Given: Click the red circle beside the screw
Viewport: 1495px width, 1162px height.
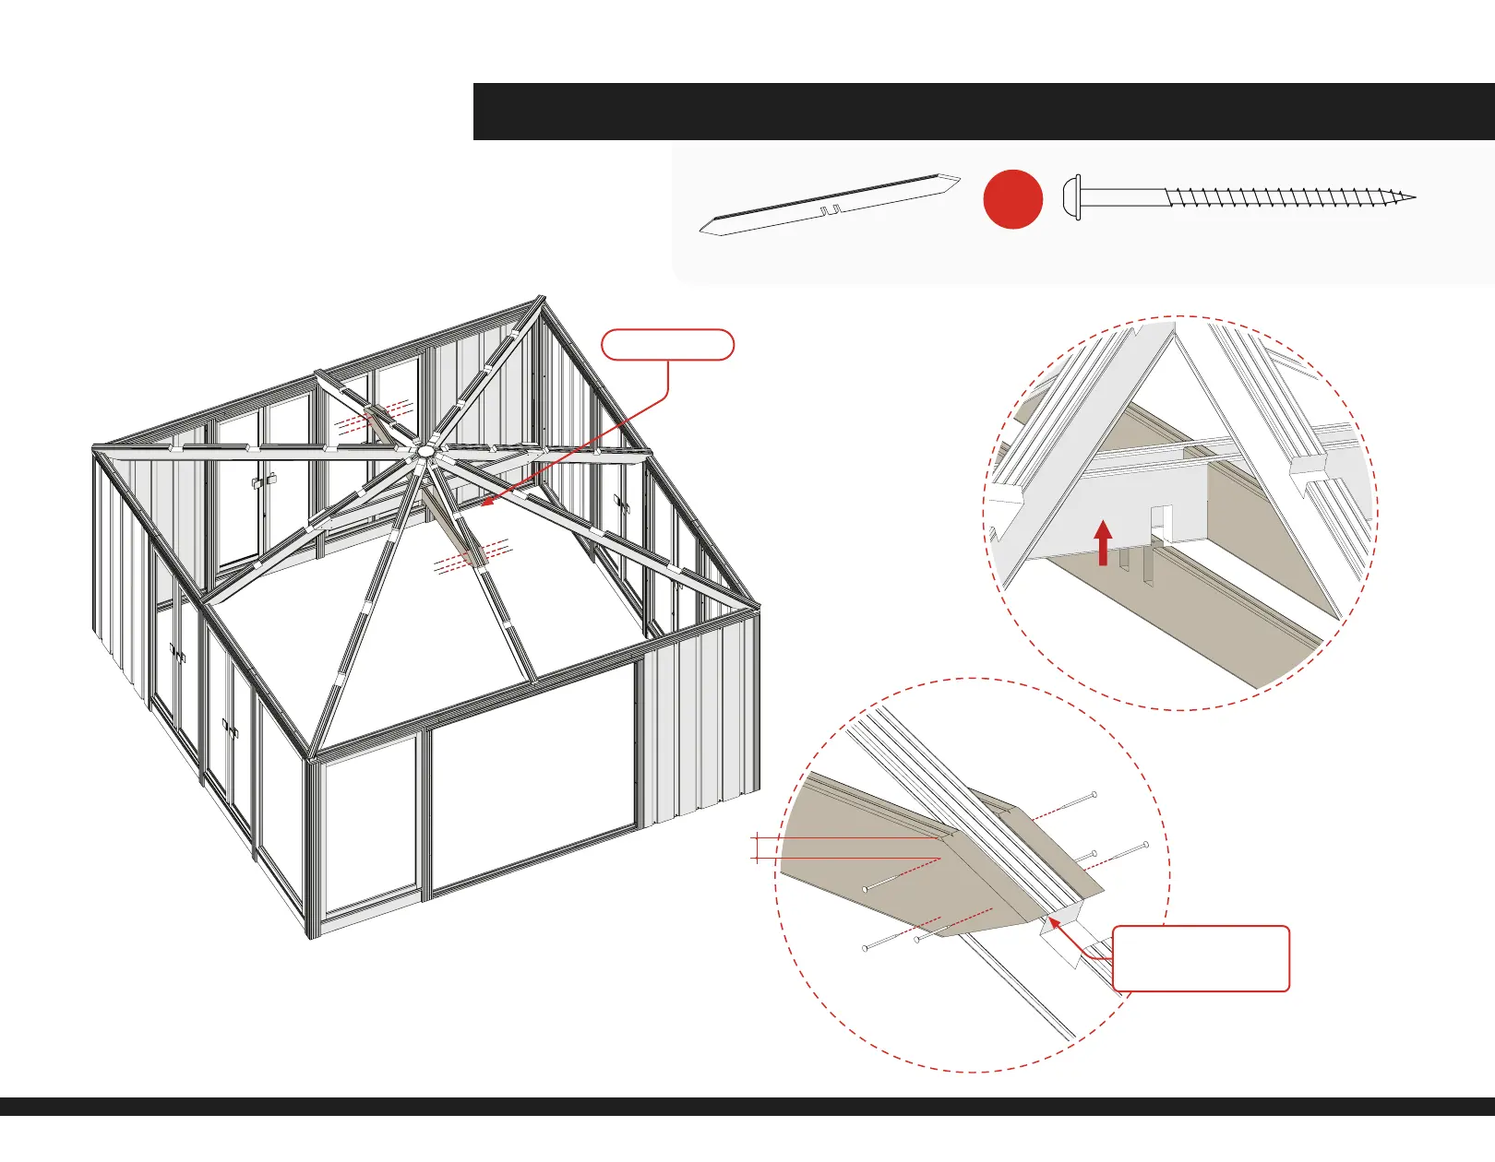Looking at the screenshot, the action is tap(1012, 199).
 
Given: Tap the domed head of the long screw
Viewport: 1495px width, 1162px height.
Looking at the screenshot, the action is tap(1071, 197).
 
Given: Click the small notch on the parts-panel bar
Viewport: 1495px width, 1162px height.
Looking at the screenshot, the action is tap(830, 210).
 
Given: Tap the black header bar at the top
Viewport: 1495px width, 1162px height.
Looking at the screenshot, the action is tap(983, 112).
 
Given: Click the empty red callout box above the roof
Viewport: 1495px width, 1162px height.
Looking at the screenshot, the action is tap(667, 344).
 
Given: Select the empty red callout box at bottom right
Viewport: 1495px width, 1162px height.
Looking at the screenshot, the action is tap(1201, 959).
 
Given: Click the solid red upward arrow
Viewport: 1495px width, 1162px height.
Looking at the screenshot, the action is tap(1103, 541).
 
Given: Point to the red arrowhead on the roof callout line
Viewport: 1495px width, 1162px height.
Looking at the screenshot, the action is tap(485, 504).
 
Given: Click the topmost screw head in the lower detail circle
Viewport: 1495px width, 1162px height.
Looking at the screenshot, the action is tap(1094, 794).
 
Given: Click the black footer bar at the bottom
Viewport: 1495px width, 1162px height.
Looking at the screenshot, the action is tap(747, 1107).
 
